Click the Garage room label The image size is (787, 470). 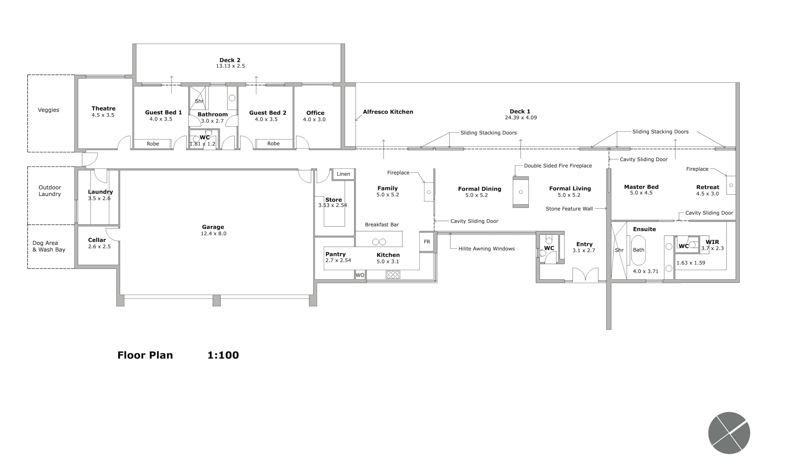click(213, 227)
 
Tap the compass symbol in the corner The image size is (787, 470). click(729, 433)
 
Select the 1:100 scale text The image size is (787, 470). click(223, 355)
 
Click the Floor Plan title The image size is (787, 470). click(145, 355)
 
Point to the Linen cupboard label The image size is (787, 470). click(343, 174)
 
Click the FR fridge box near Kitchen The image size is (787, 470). click(427, 242)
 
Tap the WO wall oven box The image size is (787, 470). click(360, 275)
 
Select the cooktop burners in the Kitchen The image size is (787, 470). click(393, 275)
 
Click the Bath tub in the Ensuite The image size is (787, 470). click(638, 250)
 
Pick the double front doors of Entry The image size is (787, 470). click(585, 275)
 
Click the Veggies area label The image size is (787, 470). click(49, 110)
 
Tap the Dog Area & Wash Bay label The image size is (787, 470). click(49, 246)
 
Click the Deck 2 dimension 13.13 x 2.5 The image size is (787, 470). click(230, 66)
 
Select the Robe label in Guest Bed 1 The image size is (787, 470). click(152, 144)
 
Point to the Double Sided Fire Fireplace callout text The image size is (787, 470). click(558, 166)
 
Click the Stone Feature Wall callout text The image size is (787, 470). click(569, 209)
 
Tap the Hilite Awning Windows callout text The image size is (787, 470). click(486, 249)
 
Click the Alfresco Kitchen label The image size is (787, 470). click(388, 112)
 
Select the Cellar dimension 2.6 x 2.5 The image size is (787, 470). click(99, 246)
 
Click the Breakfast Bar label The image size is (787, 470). click(382, 225)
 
